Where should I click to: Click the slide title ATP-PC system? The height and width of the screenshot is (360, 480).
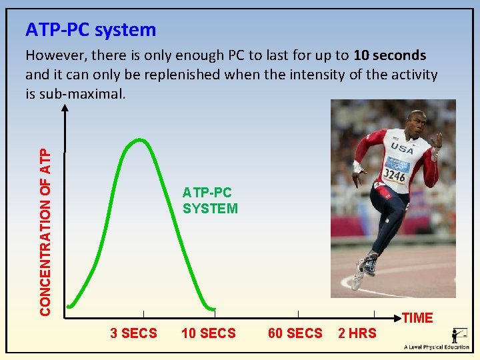91,30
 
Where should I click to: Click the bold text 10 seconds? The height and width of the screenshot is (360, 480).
390,55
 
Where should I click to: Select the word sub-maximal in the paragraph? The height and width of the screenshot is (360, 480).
82,93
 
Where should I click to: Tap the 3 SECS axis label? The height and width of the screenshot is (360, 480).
133,333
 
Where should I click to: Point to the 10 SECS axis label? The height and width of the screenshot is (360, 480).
209,333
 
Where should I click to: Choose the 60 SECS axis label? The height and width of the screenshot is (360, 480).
295,333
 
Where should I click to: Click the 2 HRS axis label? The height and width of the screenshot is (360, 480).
357,333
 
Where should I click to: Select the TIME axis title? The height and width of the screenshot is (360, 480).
418,318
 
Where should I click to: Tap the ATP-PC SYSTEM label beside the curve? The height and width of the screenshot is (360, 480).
210,201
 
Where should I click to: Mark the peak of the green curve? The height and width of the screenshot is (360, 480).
139,139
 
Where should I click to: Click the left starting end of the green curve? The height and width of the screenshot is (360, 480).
69,307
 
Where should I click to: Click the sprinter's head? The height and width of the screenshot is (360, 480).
414,124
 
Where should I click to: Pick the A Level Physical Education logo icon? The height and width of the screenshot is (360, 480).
459,335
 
